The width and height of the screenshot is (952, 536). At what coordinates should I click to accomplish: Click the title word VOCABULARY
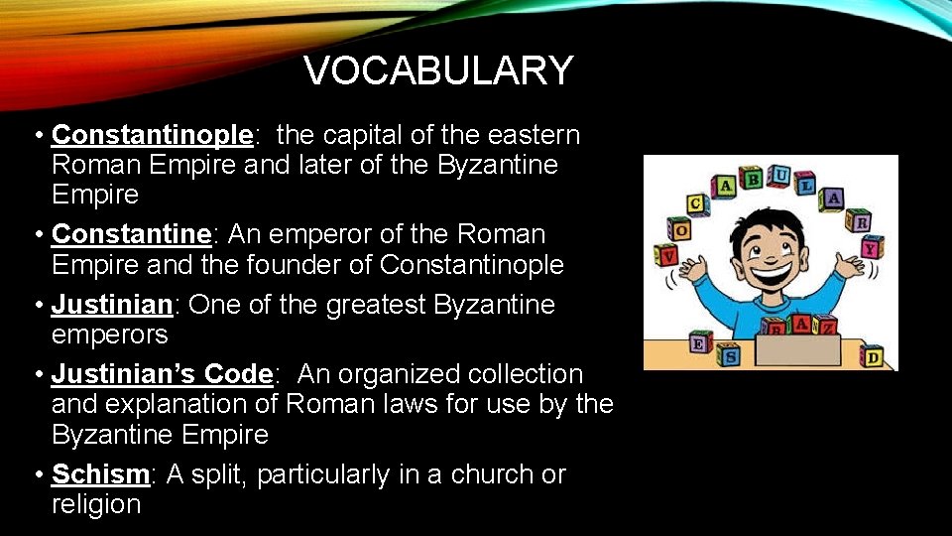click(438, 70)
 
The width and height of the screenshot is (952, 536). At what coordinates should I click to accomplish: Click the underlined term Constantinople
click(153, 135)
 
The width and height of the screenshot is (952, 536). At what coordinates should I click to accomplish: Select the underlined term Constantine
click(132, 234)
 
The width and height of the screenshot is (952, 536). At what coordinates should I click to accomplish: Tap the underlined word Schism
click(100, 474)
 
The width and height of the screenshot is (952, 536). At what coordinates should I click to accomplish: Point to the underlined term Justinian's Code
click(162, 374)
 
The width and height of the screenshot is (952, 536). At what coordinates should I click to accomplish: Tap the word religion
click(96, 504)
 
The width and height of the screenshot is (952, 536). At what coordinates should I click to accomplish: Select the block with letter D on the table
click(873, 355)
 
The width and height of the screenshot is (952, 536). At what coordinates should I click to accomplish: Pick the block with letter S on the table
click(729, 355)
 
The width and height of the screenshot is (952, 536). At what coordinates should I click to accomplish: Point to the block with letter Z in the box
click(824, 325)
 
